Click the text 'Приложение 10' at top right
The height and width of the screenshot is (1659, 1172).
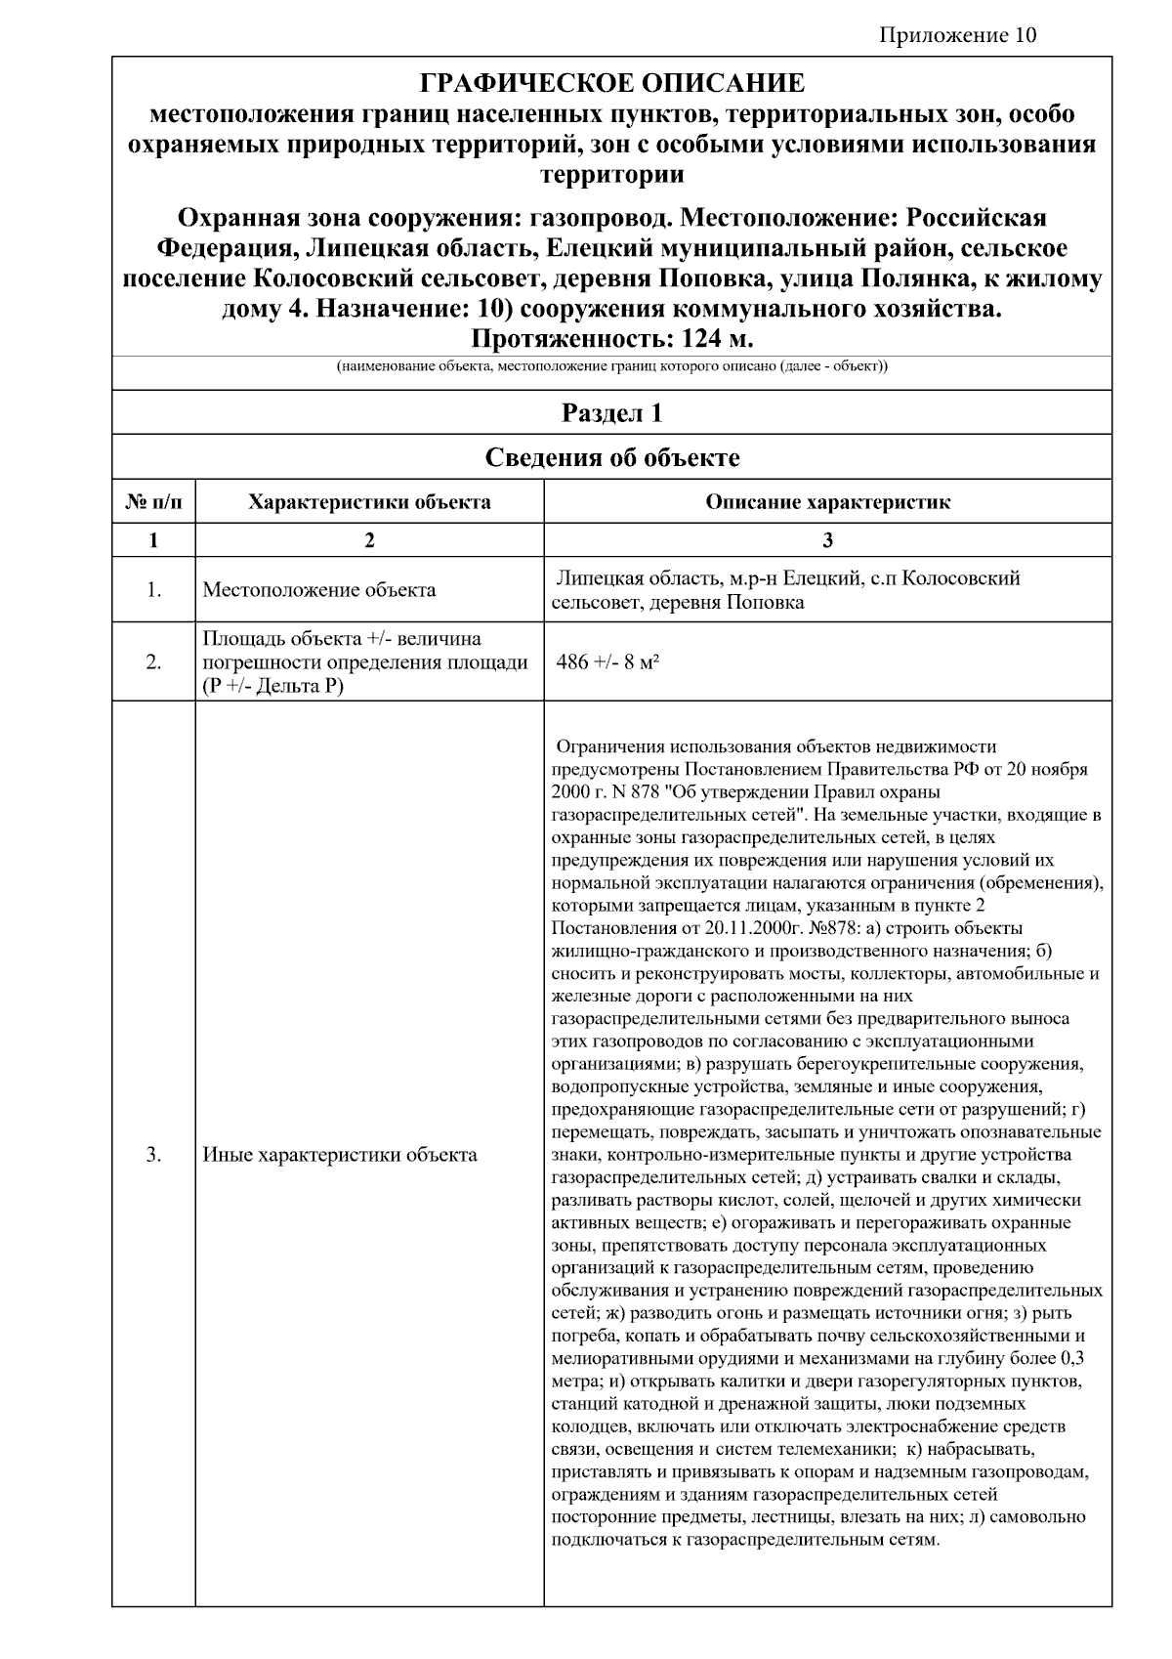point(957,36)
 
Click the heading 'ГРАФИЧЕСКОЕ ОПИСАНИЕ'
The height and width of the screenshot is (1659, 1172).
point(611,83)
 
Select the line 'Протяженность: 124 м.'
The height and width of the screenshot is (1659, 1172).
point(611,339)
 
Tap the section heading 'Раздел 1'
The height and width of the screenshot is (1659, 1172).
point(611,413)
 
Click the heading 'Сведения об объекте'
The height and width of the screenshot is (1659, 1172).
point(611,457)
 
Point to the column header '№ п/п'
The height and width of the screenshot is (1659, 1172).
point(153,503)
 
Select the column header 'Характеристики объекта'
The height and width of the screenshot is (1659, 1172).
point(369,503)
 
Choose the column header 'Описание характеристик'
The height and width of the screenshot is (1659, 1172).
point(827,503)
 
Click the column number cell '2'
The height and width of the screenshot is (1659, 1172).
point(369,540)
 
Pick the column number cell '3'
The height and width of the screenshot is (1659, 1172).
point(827,540)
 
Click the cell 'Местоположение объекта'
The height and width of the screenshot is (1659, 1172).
point(319,590)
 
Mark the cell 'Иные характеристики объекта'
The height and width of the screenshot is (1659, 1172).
point(340,1155)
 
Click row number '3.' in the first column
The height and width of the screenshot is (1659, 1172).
point(153,1155)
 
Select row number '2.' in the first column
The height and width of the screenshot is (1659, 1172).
point(153,662)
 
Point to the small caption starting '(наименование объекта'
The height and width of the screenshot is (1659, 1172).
point(611,367)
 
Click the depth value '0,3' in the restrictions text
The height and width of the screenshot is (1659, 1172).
point(1070,1359)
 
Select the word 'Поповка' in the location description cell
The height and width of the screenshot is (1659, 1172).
point(769,603)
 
